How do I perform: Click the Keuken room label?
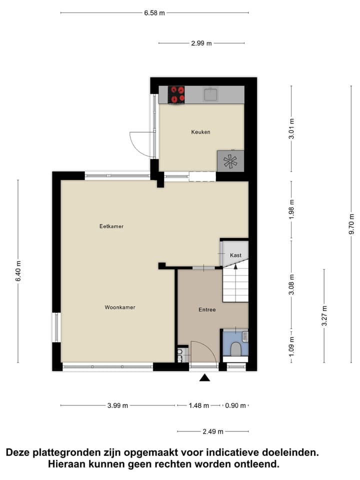[x=200, y=132]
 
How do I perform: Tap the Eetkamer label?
[x=111, y=226]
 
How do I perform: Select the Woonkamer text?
[x=120, y=307]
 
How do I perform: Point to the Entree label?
[x=207, y=310]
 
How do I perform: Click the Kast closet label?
[x=235, y=255]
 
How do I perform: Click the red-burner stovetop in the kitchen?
[x=176, y=94]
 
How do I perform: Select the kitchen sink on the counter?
[x=210, y=94]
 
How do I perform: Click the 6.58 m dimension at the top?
[x=154, y=13]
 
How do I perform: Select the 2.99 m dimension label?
[x=201, y=43]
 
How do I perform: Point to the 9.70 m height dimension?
[x=351, y=223]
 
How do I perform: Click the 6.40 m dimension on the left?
[x=18, y=271]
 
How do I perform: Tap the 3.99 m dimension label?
[x=117, y=405]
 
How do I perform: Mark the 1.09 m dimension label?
[x=291, y=346]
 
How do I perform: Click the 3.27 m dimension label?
[x=324, y=315]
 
